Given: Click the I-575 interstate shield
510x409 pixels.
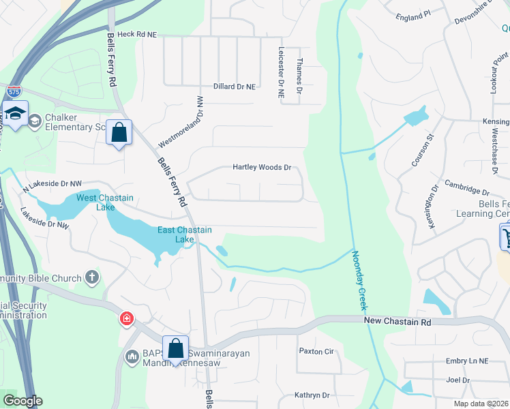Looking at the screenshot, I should [13, 91].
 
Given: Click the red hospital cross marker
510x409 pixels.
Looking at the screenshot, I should [125, 318].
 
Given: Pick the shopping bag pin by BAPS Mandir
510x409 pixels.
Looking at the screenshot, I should [175, 348].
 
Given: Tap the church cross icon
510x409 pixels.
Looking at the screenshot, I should [92, 277].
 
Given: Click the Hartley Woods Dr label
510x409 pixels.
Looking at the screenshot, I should [262, 167].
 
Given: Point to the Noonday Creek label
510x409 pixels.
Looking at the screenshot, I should [359, 279].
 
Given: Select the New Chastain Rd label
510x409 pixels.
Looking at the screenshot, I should [398, 321].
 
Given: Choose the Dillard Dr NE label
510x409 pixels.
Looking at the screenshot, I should [235, 87].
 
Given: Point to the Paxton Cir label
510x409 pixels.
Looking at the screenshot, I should [316, 351].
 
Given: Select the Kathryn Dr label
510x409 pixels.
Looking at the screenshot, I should [312, 395].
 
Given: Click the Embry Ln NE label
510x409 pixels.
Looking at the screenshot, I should [466, 361].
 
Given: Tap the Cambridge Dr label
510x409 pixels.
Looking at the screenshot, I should [467, 187].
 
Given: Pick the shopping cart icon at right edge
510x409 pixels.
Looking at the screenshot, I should [506, 237].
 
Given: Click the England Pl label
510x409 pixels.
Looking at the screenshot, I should [413, 14].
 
